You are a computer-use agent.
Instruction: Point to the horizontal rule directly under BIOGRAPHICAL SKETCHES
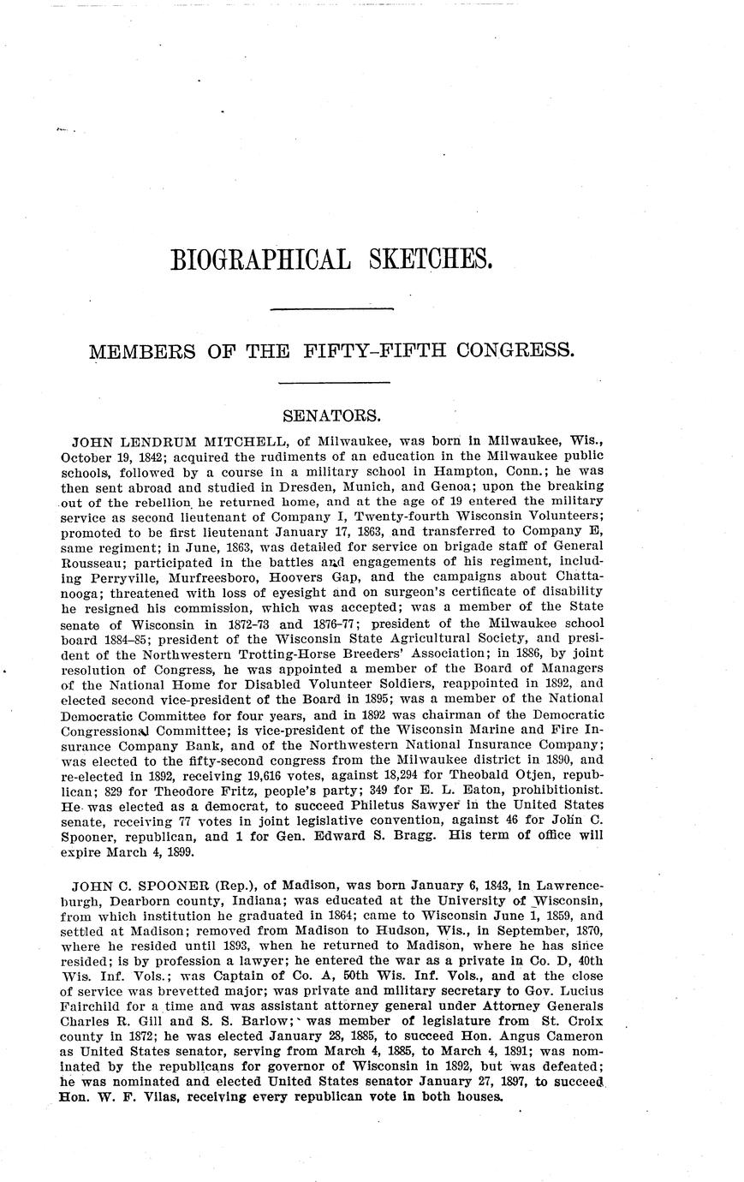click(x=331, y=307)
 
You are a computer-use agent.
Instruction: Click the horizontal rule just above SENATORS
click(x=334, y=381)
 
